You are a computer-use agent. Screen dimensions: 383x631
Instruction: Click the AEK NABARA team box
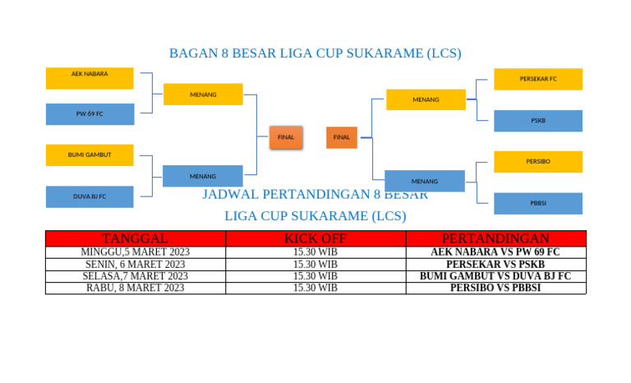pos(90,78)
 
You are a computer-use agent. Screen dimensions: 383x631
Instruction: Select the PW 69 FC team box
pos(90,114)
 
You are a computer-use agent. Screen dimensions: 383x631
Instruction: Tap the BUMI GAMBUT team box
pos(90,155)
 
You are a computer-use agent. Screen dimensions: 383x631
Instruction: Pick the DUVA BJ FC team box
pos(90,196)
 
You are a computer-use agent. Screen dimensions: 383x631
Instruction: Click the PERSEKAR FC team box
pos(538,79)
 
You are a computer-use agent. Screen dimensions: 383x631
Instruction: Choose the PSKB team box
pos(538,121)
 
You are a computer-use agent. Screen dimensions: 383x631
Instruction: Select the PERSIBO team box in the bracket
pos(538,161)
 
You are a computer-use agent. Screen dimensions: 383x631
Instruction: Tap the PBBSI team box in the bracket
pos(538,203)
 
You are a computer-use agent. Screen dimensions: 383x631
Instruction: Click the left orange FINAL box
pos(286,137)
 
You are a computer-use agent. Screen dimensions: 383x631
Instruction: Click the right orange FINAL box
pos(342,137)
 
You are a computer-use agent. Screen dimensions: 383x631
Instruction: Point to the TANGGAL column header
pos(135,238)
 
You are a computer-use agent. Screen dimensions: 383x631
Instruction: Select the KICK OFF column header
pos(315,238)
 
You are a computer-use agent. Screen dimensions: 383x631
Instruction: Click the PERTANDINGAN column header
pos(495,238)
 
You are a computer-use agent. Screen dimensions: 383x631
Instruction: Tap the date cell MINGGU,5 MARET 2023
pos(135,252)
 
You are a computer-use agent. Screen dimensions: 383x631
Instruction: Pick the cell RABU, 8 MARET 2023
pos(135,288)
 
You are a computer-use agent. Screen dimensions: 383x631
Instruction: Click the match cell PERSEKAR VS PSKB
pos(495,265)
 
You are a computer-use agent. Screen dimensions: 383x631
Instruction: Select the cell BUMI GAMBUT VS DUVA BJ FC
pos(495,276)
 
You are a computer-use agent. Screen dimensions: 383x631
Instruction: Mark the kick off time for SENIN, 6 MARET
pos(315,265)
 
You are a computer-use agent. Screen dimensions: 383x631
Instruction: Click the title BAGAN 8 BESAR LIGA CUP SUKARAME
pos(315,53)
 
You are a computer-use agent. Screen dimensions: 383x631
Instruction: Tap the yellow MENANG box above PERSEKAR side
pos(426,99)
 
